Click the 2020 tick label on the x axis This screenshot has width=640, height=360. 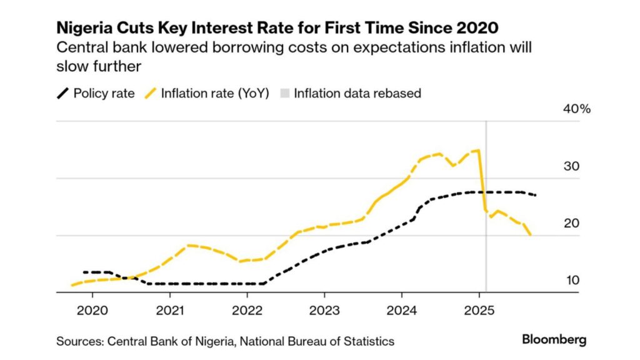point(92,309)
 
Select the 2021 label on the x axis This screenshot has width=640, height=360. point(170,309)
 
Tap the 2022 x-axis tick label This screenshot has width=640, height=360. point(247,309)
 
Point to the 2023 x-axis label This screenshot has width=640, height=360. point(324,309)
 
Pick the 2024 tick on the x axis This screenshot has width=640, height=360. point(402,309)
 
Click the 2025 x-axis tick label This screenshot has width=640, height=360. point(479,309)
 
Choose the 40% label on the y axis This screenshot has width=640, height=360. point(577,109)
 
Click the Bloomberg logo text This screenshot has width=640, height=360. point(554,340)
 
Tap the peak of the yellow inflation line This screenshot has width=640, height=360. point(477,150)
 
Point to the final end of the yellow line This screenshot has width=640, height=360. point(531,235)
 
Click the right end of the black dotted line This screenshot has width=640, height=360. point(536,195)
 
